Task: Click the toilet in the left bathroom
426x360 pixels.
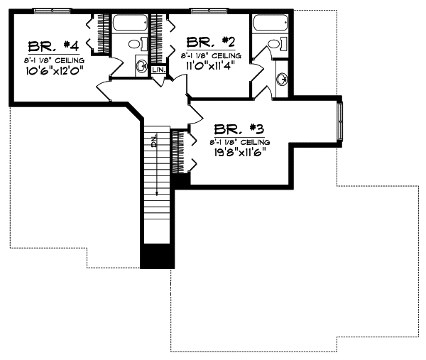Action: [x=134, y=45]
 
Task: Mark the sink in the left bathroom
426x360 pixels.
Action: [x=141, y=67]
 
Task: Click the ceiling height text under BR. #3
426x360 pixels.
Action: [x=237, y=141]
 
